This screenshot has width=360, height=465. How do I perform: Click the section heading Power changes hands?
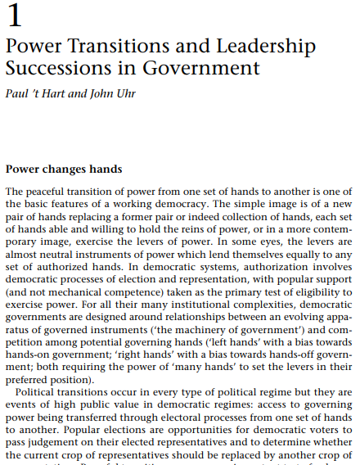(x=64, y=169)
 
